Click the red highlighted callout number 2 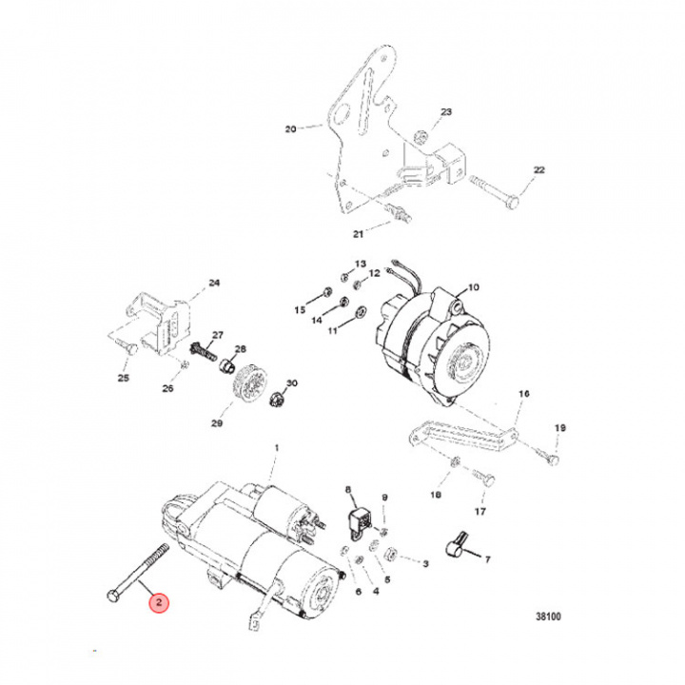tap(160, 603)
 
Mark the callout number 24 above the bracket tap(213, 283)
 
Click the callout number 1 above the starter tap(277, 447)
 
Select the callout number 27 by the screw tap(216, 335)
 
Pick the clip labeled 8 tap(361, 519)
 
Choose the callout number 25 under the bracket tap(123, 378)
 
